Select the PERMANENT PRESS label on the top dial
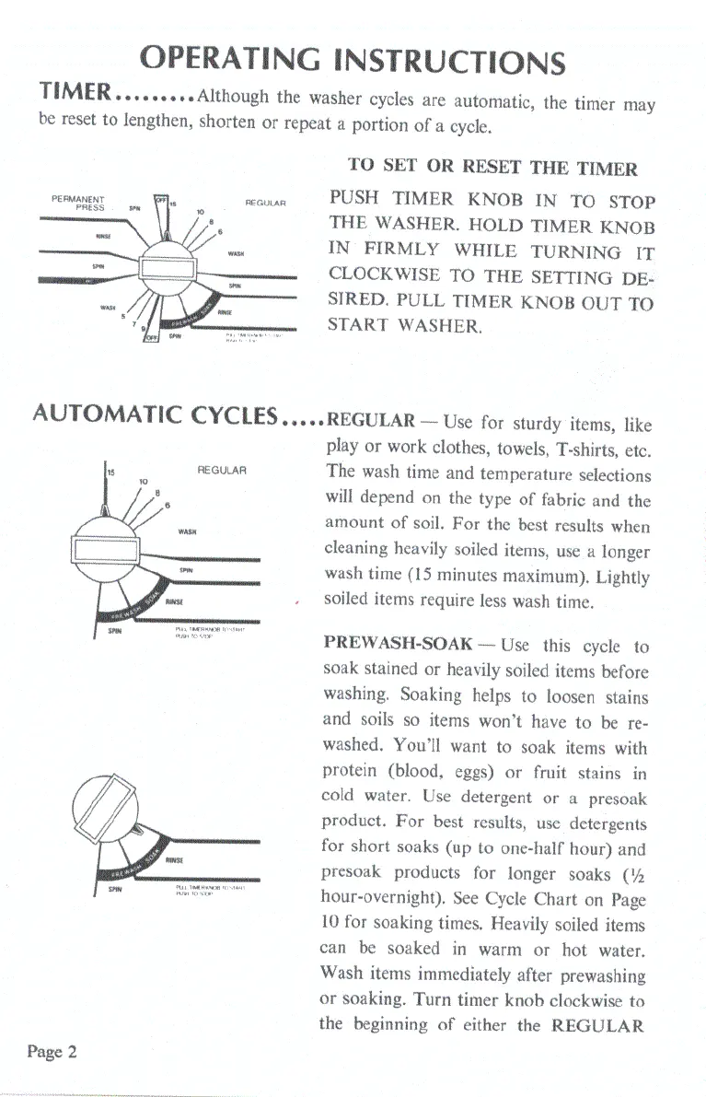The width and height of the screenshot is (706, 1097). [x=77, y=203]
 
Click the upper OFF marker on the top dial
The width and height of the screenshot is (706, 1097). [x=159, y=201]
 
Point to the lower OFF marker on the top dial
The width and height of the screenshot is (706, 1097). [x=153, y=337]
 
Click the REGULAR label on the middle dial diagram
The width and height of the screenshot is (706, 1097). [x=219, y=471]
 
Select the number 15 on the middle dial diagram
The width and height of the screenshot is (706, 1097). [x=111, y=471]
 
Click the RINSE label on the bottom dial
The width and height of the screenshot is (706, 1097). [x=173, y=859]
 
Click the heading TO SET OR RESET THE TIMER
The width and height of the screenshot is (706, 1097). [x=492, y=168]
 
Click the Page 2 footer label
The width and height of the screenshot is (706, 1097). [x=52, y=1053]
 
